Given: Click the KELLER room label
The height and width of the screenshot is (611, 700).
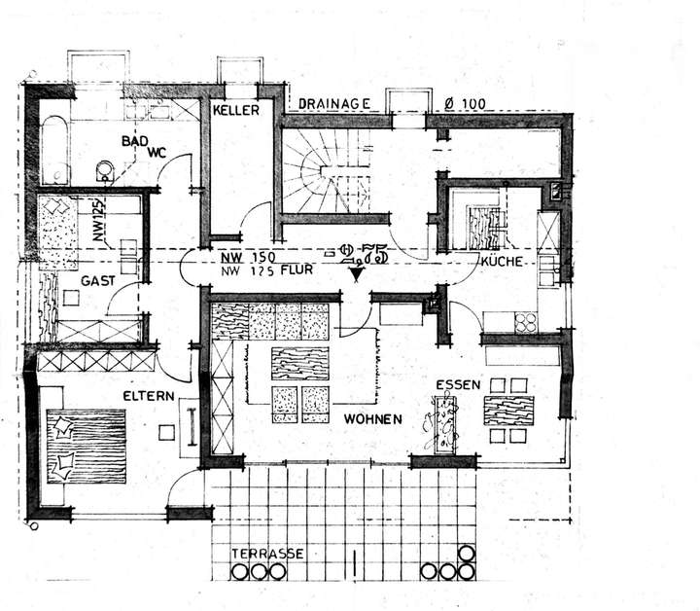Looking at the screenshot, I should point(236,111).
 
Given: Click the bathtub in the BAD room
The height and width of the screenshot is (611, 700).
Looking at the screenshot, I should point(54,151).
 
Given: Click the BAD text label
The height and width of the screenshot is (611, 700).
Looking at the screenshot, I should point(135,140).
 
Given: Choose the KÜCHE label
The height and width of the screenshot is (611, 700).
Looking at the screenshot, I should point(503,263).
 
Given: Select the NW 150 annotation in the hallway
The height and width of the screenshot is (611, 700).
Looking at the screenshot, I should point(240,256).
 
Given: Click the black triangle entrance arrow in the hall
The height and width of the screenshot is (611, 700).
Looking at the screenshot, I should point(358,275).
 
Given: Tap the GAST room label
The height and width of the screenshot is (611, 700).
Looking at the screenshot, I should point(98,279).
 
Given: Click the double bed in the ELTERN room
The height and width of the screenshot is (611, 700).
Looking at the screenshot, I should point(86,444).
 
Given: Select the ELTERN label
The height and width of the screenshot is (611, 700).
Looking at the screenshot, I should point(148,396).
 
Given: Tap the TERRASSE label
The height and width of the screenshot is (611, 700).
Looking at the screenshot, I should point(266,554).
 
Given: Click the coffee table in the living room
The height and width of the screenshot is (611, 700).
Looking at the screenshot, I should point(300,363).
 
